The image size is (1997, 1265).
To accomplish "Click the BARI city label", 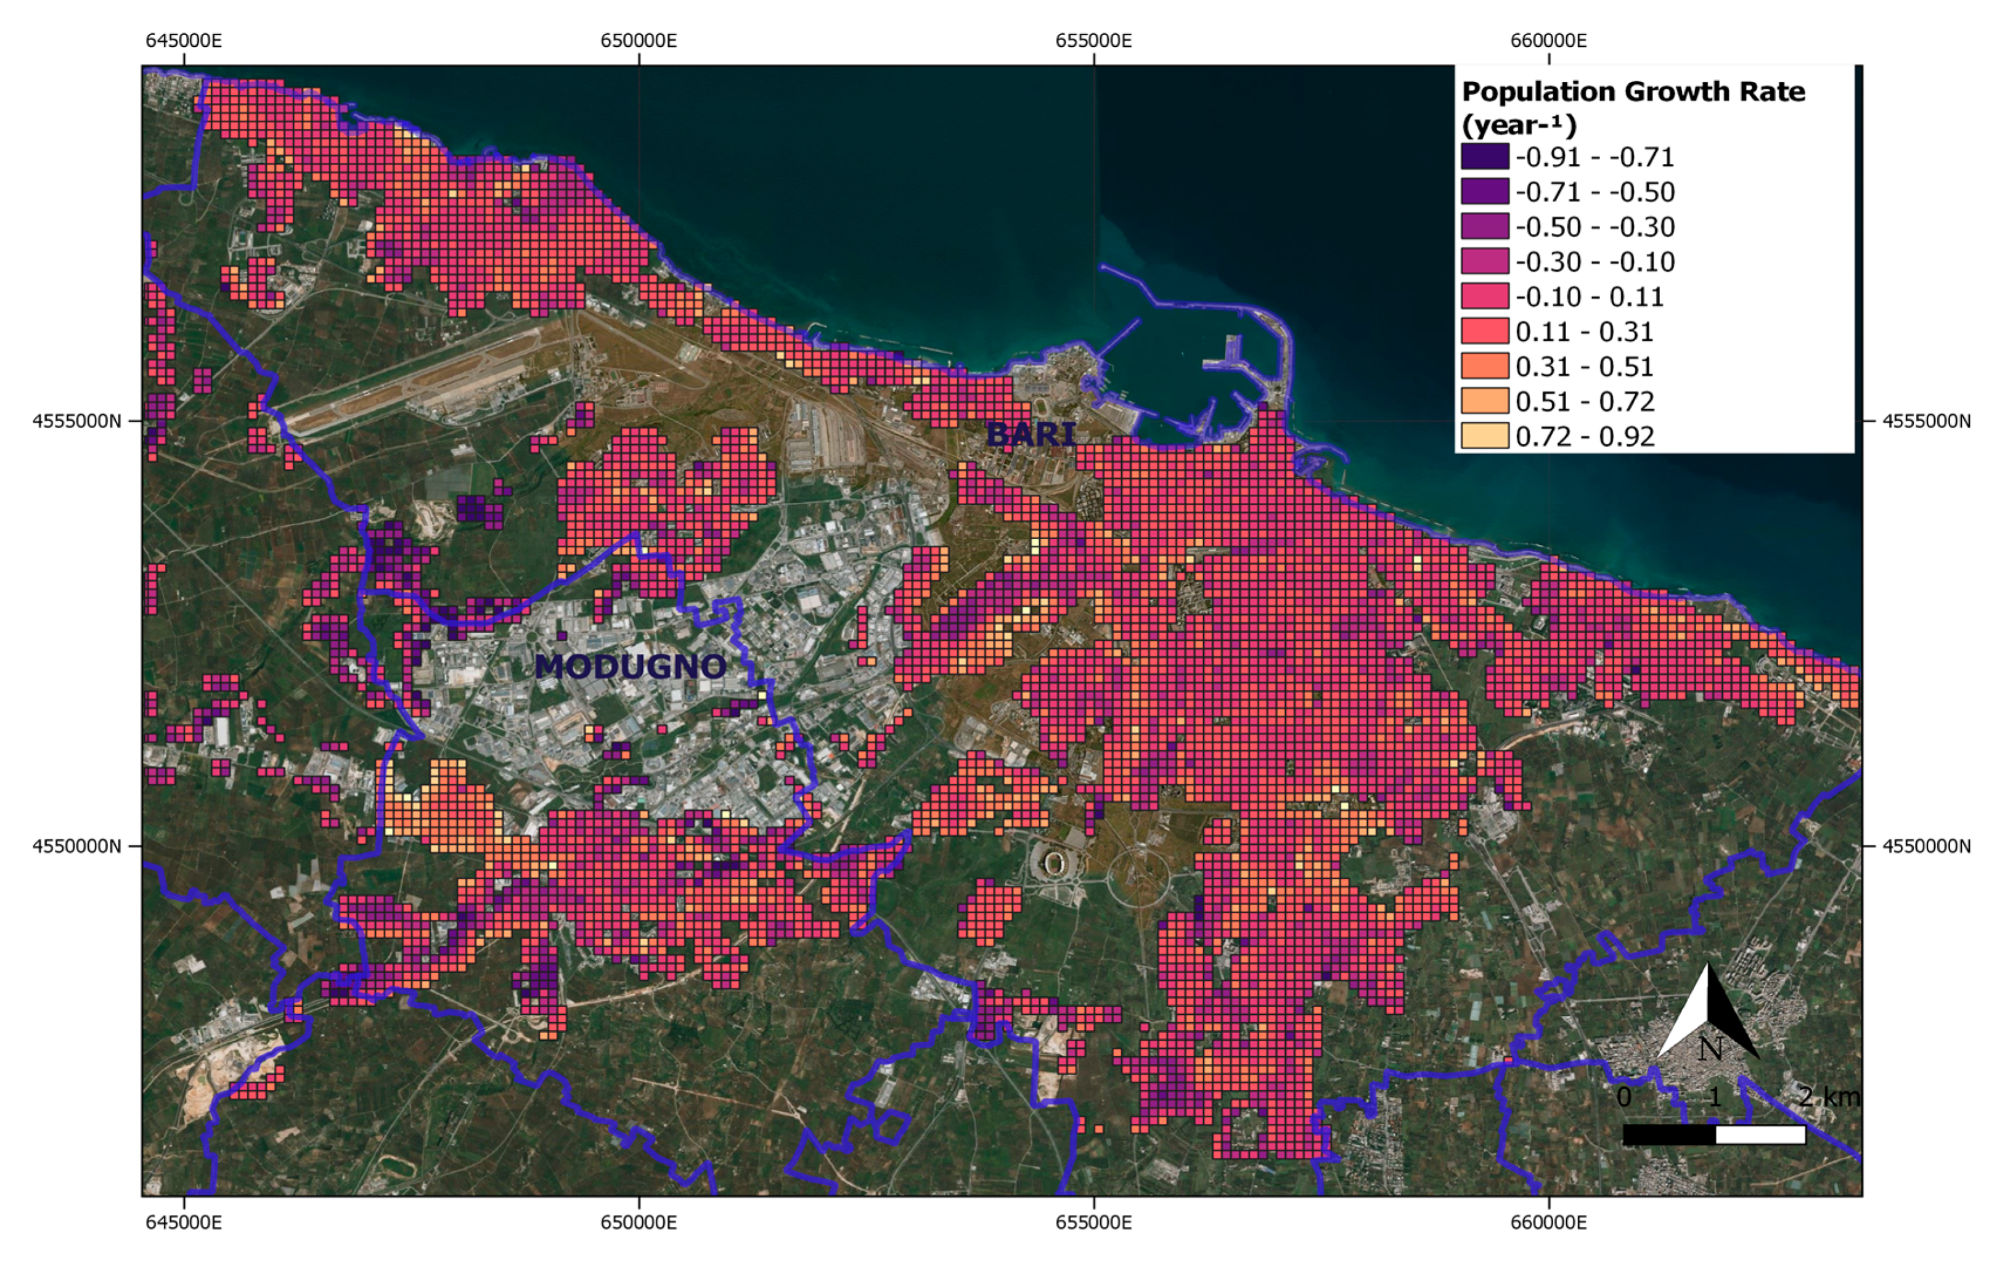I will pyautogui.click(x=1031, y=434).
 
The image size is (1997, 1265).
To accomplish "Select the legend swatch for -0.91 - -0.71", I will pyautogui.click(x=1484, y=157).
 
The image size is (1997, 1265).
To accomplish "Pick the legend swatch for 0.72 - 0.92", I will pyautogui.click(x=1484, y=436).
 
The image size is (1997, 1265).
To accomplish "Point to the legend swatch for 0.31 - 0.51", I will pyautogui.click(x=1484, y=367).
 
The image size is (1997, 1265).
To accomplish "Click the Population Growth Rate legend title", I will pyautogui.click(x=1632, y=108).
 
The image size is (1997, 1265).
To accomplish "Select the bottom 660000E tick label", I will pyautogui.click(x=1548, y=1222).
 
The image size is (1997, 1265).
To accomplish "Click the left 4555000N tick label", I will pyautogui.click(x=76, y=421).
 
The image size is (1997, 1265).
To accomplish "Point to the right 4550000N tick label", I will pyautogui.click(x=1926, y=847).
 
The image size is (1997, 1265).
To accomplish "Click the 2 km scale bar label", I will pyautogui.click(x=1828, y=1097).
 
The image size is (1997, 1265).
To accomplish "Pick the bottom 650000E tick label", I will pyautogui.click(x=639, y=1222).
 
